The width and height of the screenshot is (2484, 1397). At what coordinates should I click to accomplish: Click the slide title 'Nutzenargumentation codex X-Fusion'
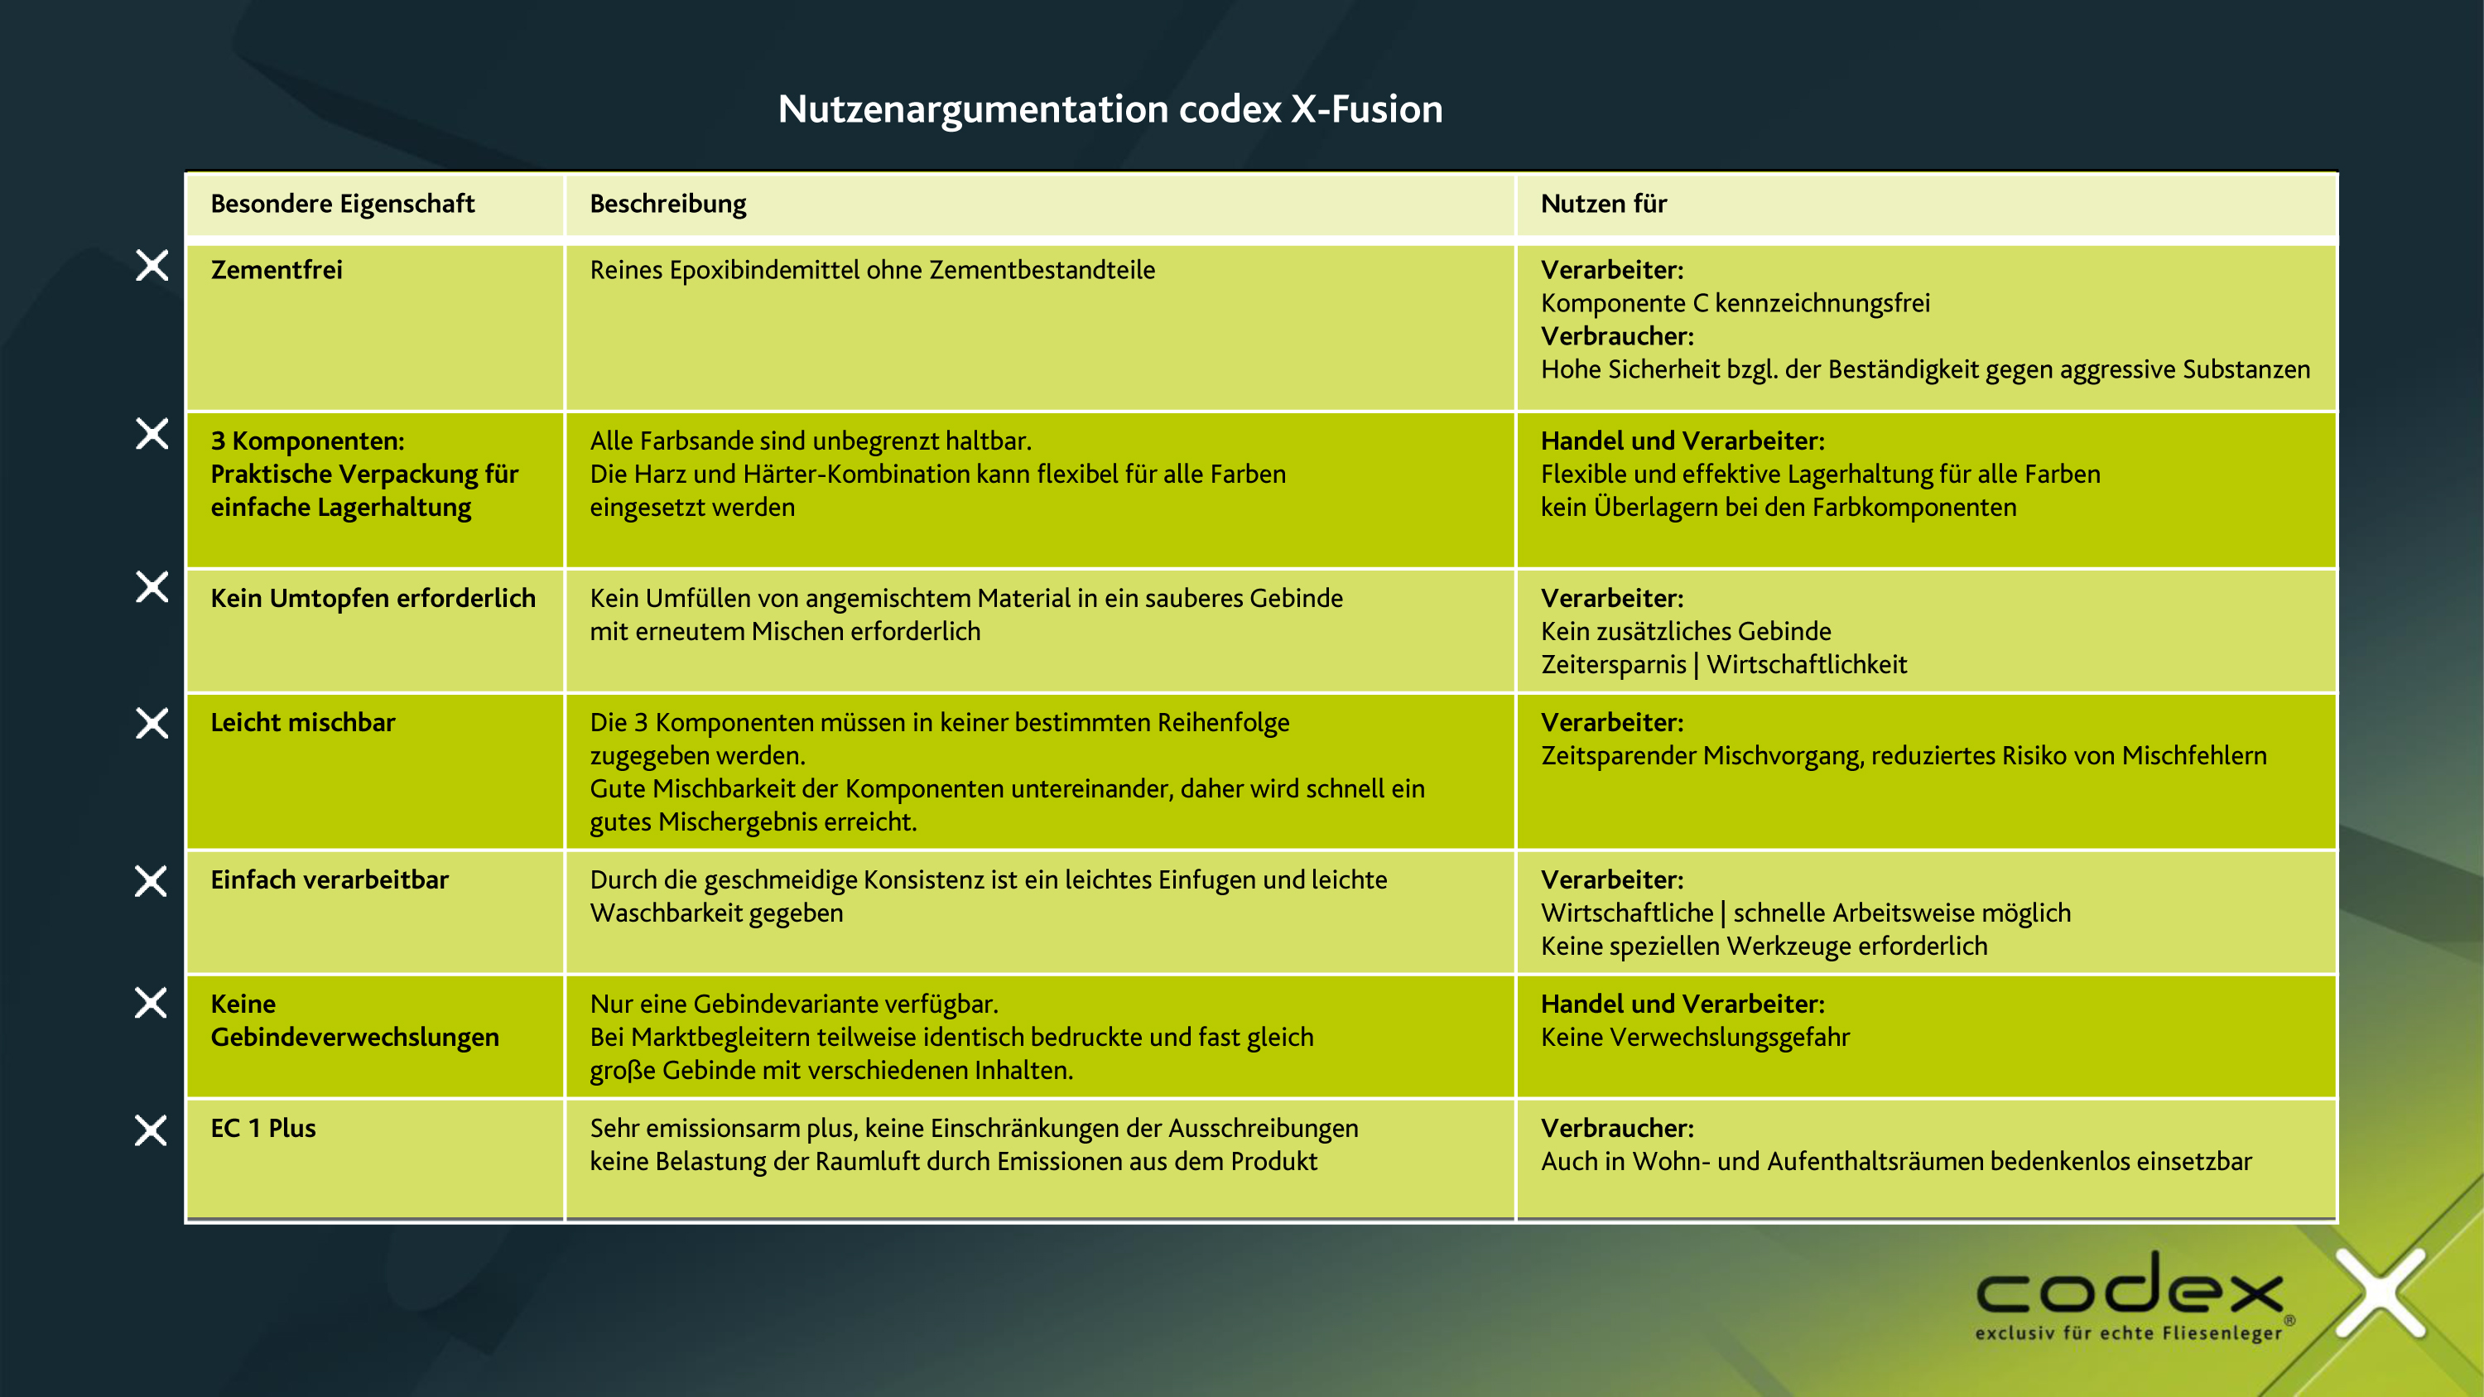1110,109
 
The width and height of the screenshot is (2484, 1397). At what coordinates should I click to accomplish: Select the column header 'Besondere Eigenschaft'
342,204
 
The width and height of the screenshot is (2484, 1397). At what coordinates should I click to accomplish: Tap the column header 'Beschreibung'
667,204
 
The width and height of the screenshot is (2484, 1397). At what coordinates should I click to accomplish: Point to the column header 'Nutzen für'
1604,204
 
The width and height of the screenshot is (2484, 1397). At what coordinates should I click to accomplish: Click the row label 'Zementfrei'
277,270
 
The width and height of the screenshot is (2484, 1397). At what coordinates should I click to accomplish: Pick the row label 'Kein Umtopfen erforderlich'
373,598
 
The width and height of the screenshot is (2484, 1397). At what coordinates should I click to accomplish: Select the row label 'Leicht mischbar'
303,722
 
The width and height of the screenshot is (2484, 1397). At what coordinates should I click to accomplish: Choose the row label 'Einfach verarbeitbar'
330,879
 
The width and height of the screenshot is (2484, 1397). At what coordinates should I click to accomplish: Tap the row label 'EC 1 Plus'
263,1128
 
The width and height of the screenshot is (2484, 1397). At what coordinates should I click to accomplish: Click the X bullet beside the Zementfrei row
152,265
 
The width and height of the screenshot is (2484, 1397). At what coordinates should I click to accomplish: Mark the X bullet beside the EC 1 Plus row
152,1130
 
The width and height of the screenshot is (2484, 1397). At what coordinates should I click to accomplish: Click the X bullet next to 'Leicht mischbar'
152,722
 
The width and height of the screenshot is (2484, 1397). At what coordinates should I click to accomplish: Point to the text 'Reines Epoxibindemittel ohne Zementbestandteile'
872,270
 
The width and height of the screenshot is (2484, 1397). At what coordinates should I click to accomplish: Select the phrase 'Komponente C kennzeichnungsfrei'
1735,303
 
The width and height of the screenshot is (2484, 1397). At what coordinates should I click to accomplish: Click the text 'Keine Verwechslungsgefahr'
1695,1038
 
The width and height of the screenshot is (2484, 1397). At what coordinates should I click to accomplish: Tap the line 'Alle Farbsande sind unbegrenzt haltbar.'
810,441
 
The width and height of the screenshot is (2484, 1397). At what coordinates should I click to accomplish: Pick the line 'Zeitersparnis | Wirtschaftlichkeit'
1723,664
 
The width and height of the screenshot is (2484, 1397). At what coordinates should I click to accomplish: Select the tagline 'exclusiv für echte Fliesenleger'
2128,1333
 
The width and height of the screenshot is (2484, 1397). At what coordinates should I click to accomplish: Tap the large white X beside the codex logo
2380,1292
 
